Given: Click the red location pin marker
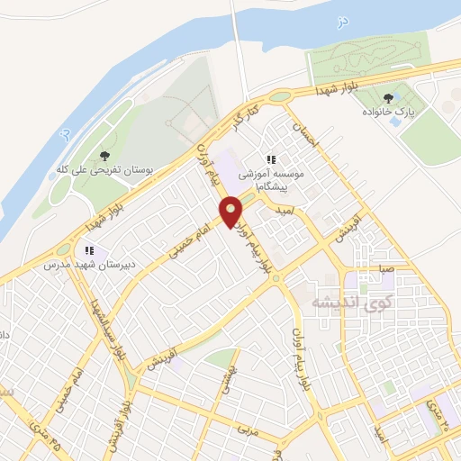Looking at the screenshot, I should (x=231, y=212).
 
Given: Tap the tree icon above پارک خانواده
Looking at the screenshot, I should (x=388, y=98).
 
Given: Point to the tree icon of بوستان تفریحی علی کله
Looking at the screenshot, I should (x=106, y=156).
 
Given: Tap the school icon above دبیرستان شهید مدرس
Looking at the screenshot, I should (x=88, y=250).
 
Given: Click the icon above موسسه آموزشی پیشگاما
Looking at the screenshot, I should (x=270, y=159).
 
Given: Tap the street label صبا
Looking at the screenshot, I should (x=386, y=268).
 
